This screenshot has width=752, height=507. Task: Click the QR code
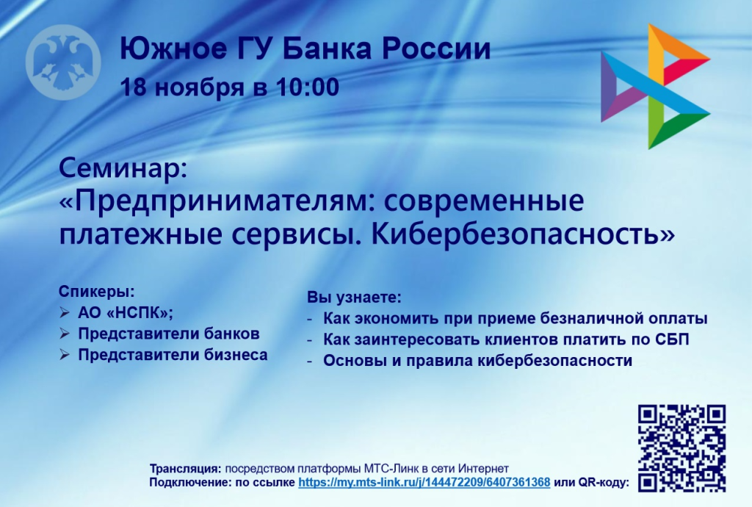click(681, 447)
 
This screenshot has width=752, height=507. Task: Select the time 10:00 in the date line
click(308, 87)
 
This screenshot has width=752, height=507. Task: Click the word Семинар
click(123, 169)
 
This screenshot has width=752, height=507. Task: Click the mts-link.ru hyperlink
click(424, 483)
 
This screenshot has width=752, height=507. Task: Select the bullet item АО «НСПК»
click(126, 312)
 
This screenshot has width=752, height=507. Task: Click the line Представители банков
click(169, 334)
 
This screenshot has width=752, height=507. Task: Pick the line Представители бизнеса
click(173, 355)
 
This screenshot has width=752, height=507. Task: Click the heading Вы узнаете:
click(354, 298)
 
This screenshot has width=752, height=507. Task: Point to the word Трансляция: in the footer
click(185, 469)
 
